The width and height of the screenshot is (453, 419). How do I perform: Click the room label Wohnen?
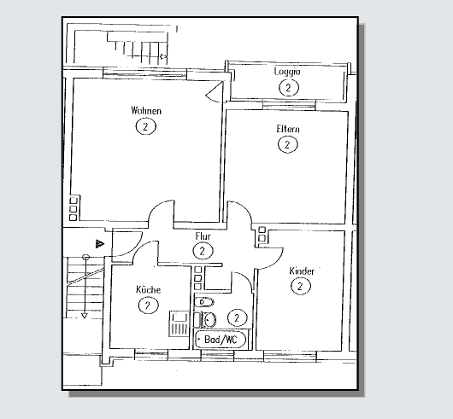(146, 111)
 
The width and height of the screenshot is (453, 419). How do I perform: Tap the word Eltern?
(288, 129)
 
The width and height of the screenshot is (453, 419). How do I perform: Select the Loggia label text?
(287, 72)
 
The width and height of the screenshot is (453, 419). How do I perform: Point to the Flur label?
(203, 236)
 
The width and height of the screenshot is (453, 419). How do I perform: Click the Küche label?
(148, 289)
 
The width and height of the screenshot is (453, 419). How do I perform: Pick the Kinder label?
(302, 271)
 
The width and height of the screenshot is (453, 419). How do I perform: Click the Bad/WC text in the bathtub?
(221, 340)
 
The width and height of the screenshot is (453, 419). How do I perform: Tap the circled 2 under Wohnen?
(145, 126)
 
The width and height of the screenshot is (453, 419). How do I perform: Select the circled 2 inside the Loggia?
(289, 87)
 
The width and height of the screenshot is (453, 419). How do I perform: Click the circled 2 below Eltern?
(288, 144)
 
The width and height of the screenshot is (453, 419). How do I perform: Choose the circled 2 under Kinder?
(301, 287)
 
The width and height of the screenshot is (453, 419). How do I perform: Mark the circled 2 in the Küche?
(148, 306)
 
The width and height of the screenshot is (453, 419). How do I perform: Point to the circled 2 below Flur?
(203, 251)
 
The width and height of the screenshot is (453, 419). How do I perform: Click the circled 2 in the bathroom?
(238, 317)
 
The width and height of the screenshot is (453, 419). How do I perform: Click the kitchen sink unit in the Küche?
(179, 323)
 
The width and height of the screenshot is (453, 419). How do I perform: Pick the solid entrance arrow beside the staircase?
(100, 244)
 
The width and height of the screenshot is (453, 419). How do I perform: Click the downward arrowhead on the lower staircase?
(85, 316)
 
